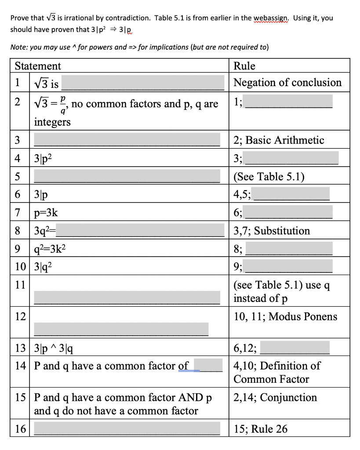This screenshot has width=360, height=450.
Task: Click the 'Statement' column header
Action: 38,66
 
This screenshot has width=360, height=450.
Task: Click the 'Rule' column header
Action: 244,66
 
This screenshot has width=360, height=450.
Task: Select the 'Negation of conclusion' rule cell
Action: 287,83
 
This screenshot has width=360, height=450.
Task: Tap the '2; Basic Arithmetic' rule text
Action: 279,140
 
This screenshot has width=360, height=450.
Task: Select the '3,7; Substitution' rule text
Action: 272,231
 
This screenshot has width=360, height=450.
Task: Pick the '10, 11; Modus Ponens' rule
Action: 285,316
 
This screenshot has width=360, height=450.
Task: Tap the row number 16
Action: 20,428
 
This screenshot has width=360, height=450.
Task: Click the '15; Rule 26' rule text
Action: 260,428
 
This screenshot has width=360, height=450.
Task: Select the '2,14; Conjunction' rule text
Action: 275,397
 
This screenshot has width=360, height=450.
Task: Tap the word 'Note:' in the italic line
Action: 20,47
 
